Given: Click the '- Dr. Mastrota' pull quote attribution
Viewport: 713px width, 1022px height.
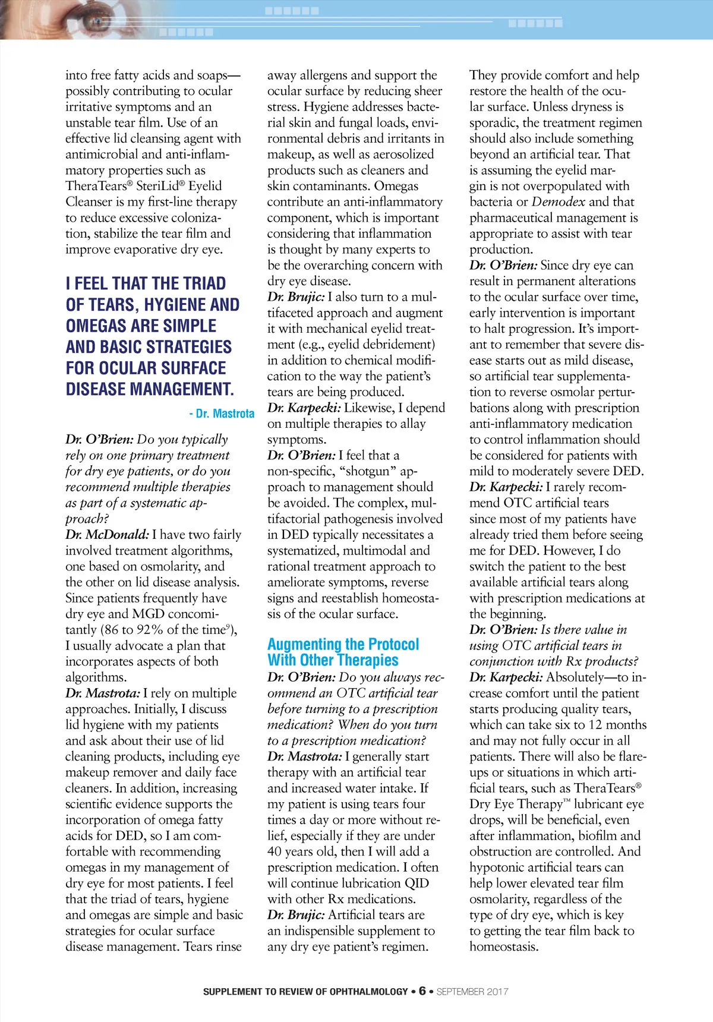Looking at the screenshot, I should tap(222, 414).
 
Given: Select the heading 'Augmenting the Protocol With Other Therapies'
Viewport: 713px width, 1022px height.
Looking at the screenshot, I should tap(343, 652).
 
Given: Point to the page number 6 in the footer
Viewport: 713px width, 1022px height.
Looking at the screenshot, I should tap(422, 991).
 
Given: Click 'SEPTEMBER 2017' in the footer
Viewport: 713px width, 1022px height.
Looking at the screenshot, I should tap(472, 992).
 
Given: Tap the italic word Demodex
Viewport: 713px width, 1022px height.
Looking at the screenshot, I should tap(558, 202).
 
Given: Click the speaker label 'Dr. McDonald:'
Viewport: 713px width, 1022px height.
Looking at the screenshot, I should tap(107, 535).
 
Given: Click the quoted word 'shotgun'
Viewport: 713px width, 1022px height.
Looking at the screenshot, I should tap(368, 471).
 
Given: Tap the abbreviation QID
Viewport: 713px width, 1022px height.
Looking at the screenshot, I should tap(415, 884).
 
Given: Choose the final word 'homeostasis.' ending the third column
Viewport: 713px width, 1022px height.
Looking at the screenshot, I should tap(504, 947).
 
